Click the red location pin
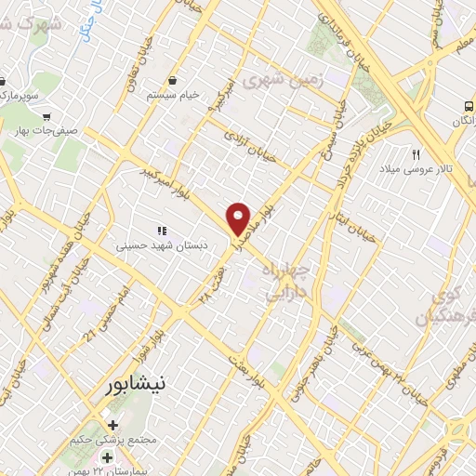[239, 218]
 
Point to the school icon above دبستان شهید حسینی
[161, 231]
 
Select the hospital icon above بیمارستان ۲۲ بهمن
[108, 457]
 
